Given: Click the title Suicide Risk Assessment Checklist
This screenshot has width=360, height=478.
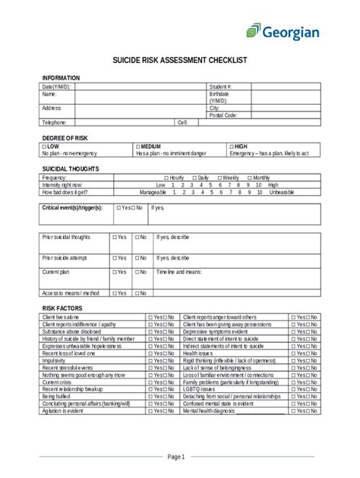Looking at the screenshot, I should click(x=179, y=60).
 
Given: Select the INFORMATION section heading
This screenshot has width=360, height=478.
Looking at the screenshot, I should click(x=61, y=78).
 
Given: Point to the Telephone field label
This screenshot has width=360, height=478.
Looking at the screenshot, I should click(x=55, y=122).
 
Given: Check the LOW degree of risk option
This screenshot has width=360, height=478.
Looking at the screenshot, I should click(x=51, y=146).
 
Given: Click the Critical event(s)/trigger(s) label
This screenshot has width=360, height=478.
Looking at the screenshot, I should click(x=73, y=207).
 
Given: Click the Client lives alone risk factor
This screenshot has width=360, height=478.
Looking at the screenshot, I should click(x=61, y=316).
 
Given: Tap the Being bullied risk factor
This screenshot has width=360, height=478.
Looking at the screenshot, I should click(x=56, y=396).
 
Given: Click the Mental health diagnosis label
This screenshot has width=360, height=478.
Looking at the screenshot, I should click(x=207, y=410).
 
